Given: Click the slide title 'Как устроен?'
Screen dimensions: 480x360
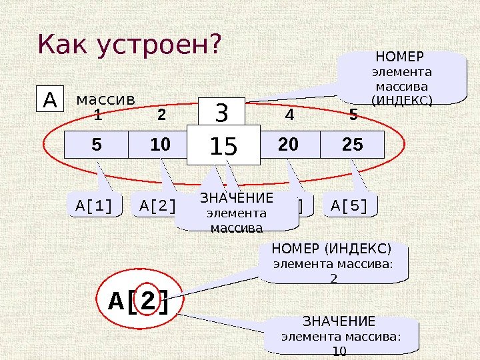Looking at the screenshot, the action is (129, 45).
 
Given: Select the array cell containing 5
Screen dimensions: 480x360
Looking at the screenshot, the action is (96, 144).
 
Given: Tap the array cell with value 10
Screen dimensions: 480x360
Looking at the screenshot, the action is (160, 144).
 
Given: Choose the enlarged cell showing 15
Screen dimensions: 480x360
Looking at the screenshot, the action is (223, 147).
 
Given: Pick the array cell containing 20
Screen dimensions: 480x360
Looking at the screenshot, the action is (288, 144).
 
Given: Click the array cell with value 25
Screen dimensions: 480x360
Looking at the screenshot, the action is (353, 144).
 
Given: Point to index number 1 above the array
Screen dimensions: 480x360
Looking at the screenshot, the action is (97, 116).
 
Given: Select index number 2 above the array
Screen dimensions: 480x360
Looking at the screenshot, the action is (161, 116).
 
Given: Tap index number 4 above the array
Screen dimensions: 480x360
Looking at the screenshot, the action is (289, 116).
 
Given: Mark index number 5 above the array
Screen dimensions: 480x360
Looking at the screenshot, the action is (353, 116).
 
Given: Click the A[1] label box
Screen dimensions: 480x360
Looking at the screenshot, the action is (95, 206).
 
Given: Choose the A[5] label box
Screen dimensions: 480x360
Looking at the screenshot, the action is (349, 206).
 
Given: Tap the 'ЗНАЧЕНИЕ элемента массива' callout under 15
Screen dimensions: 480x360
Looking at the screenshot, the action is (237, 213).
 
